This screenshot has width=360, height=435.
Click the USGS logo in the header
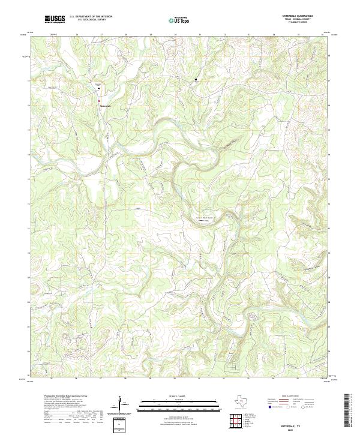pos(55,20)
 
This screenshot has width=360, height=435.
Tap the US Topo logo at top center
pos(181,20)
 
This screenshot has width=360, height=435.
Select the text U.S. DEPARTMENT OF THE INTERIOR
pos(91,17)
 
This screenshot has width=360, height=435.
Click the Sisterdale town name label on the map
pos(105,107)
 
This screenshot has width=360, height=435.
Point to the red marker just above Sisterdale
pos(100,100)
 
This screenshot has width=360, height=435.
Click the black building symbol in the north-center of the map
pos(194,79)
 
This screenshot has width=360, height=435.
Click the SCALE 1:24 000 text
pos(179,396)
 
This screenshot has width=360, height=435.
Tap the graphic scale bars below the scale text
pos(179,404)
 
